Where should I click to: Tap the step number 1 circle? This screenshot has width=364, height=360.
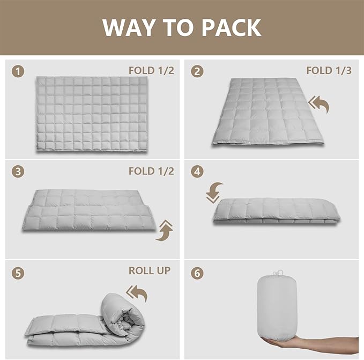click(19, 71)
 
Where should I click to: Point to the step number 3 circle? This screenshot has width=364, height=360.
click(19, 172)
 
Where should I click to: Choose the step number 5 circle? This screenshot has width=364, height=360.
click(19, 273)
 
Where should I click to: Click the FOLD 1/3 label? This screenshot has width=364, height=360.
click(329, 70)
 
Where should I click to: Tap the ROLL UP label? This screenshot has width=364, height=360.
click(149, 270)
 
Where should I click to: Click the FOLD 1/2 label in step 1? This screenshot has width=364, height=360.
click(151, 70)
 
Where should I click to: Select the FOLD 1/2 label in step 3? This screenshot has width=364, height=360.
click(151, 171)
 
